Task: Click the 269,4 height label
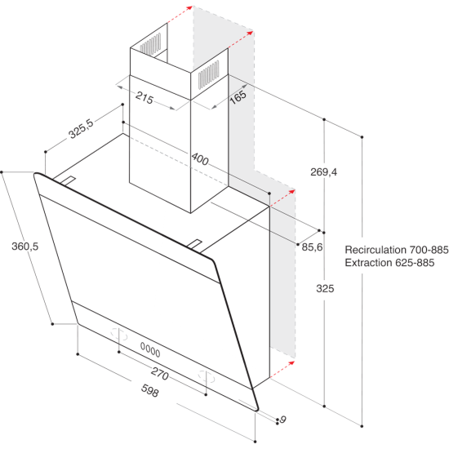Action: (324, 172)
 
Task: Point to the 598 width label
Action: (149, 392)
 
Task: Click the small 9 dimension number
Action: (282, 420)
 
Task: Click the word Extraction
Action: (374, 263)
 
